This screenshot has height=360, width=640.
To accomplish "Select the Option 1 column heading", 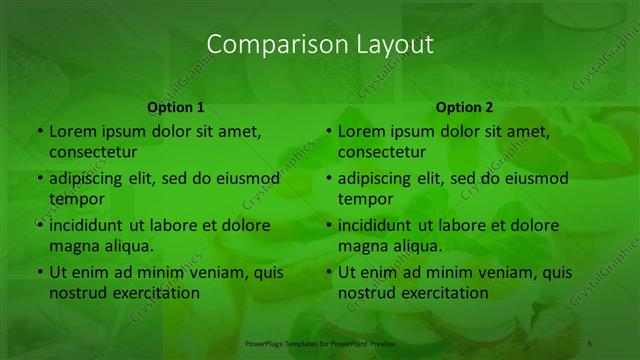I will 176,107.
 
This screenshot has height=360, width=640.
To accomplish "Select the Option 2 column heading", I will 465,107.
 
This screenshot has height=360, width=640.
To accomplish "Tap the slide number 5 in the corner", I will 590,343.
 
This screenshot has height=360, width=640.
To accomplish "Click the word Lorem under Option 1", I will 74,131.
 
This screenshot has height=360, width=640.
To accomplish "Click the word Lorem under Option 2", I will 363,131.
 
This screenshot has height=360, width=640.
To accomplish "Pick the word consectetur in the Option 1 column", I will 92,152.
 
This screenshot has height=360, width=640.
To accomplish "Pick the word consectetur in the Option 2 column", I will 381,152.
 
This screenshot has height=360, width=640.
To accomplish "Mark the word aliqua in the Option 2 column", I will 416,245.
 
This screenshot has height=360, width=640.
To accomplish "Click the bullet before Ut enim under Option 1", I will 39,272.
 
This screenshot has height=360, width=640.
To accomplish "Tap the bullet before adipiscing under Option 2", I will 328,179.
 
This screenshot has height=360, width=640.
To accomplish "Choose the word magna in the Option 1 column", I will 71,245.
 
